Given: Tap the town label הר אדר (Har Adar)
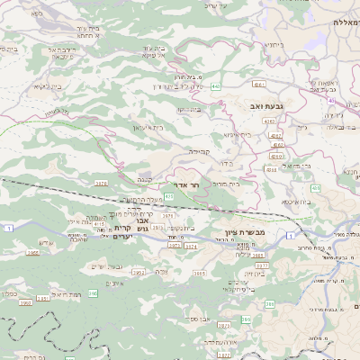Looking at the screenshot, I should tap(186, 184).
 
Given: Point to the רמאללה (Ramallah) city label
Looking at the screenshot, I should tap(345, 22).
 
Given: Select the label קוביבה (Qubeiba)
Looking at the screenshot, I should tap(199, 151).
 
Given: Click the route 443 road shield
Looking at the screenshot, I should tap(217, 86).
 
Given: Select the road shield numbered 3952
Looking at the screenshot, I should tap(138, 271).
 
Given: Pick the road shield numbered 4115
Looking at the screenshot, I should tap(99, 223).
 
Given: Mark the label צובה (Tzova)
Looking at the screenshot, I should tap(162, 270).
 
